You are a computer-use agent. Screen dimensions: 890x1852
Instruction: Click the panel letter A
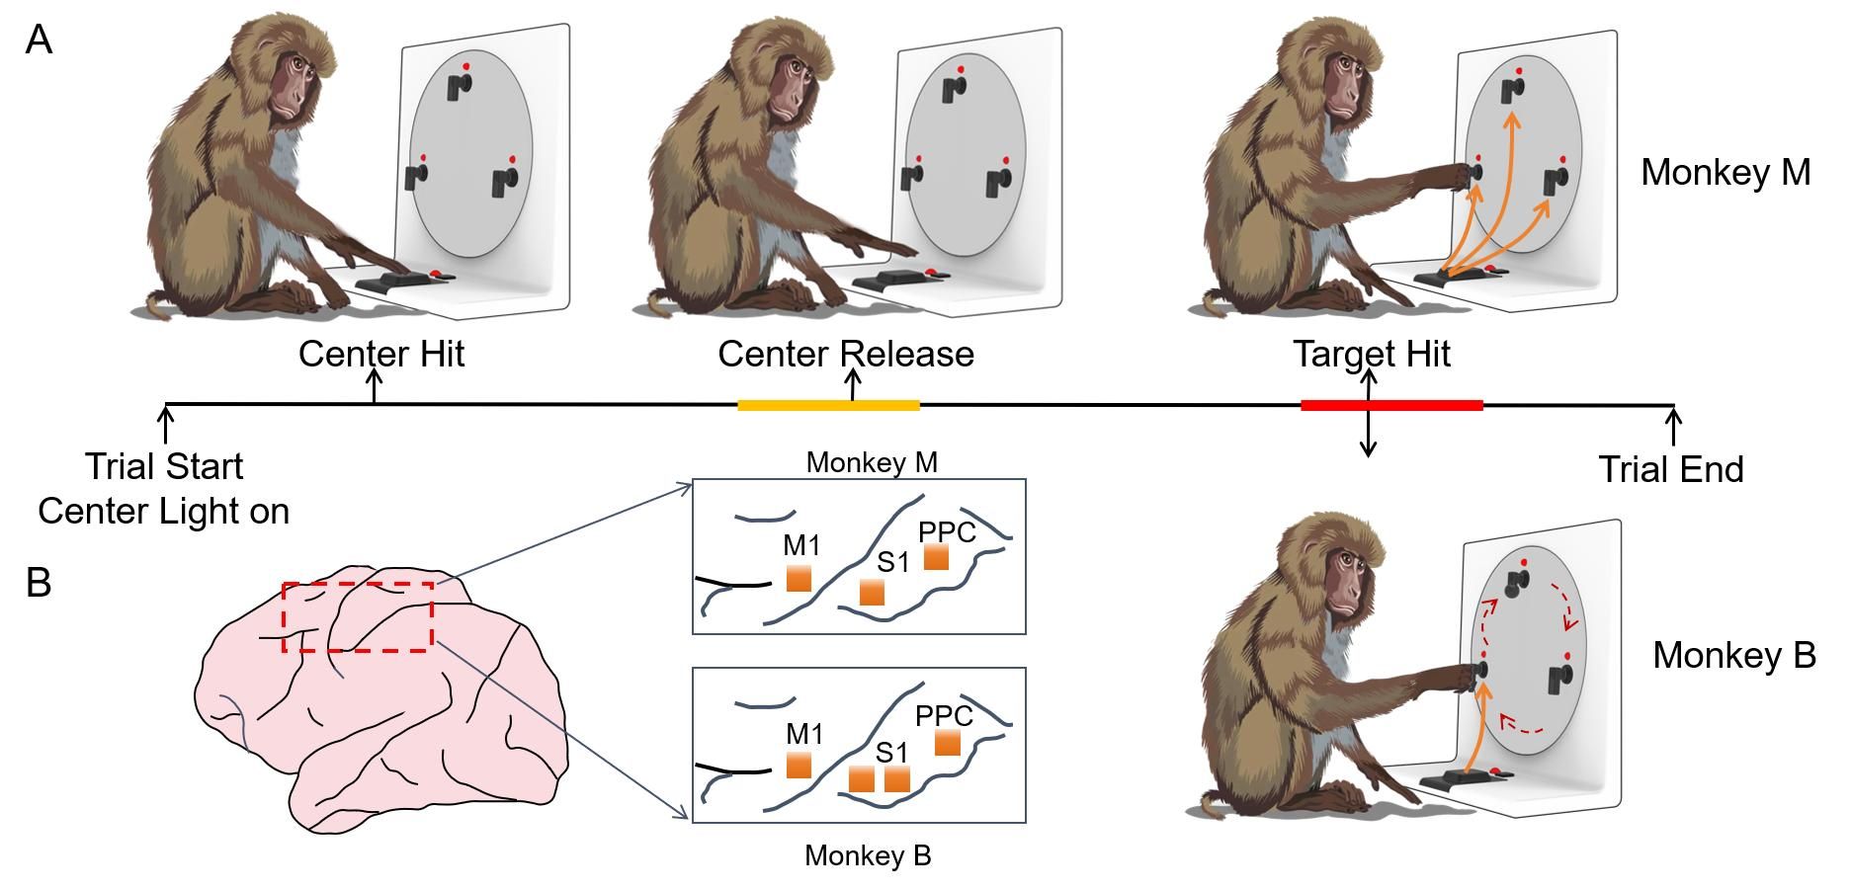pos(39,40)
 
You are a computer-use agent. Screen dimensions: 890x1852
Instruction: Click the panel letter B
pos(39,583)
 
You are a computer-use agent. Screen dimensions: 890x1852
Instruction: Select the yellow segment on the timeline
pos(828,405)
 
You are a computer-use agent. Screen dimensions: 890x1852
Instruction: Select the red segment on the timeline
pos(1391,405)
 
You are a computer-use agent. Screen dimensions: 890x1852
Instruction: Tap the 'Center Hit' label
pos(381,354)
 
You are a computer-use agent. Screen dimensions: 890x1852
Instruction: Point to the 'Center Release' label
pos(846,354)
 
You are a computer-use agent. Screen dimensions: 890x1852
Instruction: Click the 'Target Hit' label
pos(1372,354)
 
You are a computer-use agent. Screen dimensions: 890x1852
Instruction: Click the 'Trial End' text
pos(1671,469)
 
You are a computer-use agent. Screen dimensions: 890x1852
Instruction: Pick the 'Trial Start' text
pos(164,466)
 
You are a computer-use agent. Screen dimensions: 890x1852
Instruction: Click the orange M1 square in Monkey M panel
pos(799,578)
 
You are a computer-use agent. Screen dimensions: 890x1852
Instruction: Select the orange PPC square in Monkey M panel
pos(936,557)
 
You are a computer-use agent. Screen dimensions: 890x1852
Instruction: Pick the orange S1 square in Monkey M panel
pos(872,592)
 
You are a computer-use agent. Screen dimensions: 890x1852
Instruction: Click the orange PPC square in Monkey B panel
pos(947,742)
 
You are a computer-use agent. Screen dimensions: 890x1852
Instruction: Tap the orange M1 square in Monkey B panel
pos(799,765)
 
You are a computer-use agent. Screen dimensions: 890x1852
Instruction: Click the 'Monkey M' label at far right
pos(1726,173)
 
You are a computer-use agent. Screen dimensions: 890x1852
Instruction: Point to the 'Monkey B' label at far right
pos(1734,656)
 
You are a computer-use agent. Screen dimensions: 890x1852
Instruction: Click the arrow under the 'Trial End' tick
pos(1673,426)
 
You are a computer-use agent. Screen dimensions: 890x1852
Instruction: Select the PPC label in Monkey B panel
pos(944,715)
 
